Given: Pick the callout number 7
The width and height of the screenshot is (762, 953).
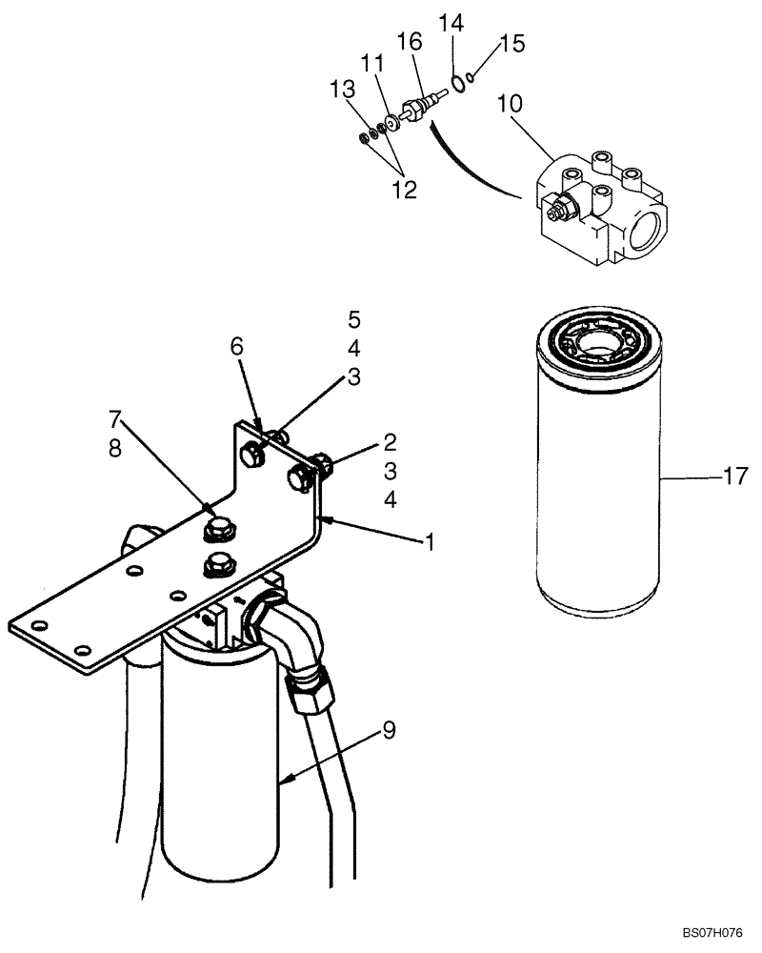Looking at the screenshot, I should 115,418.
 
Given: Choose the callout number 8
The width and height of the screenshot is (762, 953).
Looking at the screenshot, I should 115,448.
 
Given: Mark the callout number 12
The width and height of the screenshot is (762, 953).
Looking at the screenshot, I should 404,190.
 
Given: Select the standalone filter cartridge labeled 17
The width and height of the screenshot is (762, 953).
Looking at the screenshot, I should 597,467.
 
